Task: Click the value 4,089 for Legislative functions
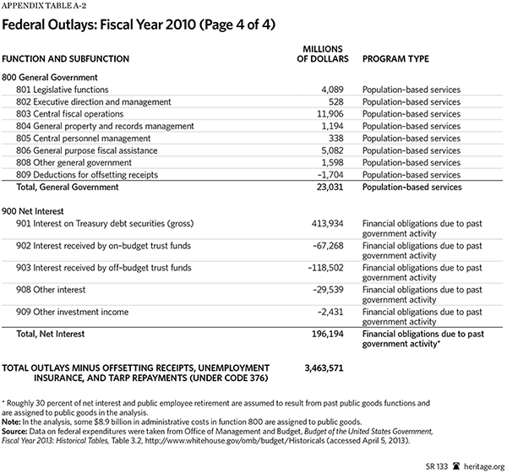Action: pyautogui.click(x=322, y=89)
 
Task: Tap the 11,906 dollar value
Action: pyautogui.click(x=319, y=113)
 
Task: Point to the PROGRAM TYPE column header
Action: pyautogui.click(x=396, y=58)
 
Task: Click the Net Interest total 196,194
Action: pyautogui.click(x=317, y=335)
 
